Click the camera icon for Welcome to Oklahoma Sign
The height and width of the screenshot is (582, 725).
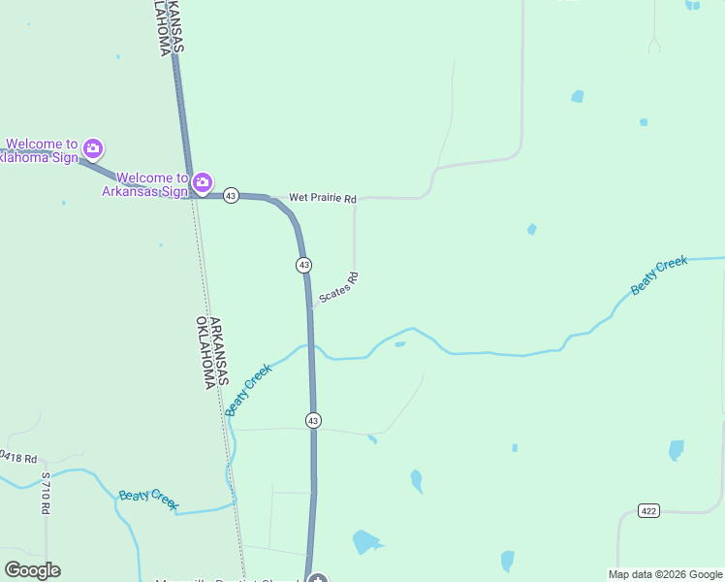pyautogui.click(x=93, y=148)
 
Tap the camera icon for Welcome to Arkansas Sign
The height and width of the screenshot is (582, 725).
pyautogui.click(x=202, y=181)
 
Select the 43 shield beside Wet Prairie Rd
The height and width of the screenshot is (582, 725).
pyautogui.click(x=231, y=196)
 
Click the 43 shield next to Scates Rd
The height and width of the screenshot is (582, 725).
pyautogui.click(x=304, y=265)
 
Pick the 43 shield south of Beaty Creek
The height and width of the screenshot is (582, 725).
pyautogui.click(x=313, y=420)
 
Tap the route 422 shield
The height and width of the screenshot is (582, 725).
pyautogui.click(x=649, y=510)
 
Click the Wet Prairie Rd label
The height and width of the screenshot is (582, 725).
pyautogui.click(x=323, y=199)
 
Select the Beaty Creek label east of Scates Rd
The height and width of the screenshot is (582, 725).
pyautogui.click(x=659, y=275)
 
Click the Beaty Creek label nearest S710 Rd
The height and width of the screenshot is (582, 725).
pyautogui.click(x=148, y=499)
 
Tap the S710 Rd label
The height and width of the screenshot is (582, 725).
pyautogui.click(x=46, y=494)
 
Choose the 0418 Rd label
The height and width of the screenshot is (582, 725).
pyautogui.click(x=18, y=456)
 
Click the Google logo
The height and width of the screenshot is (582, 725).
pyautogui.click(x=32, y=570)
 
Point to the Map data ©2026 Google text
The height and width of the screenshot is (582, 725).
pyautogui.click(x=665, y=574)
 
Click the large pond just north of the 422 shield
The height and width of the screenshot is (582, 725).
pyautogui.click(x=676, y=450)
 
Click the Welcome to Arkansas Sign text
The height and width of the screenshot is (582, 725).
pyautogui.click(x=146, y=184)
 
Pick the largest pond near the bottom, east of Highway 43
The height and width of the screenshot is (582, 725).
pyautogui.click(x=365, y=541)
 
